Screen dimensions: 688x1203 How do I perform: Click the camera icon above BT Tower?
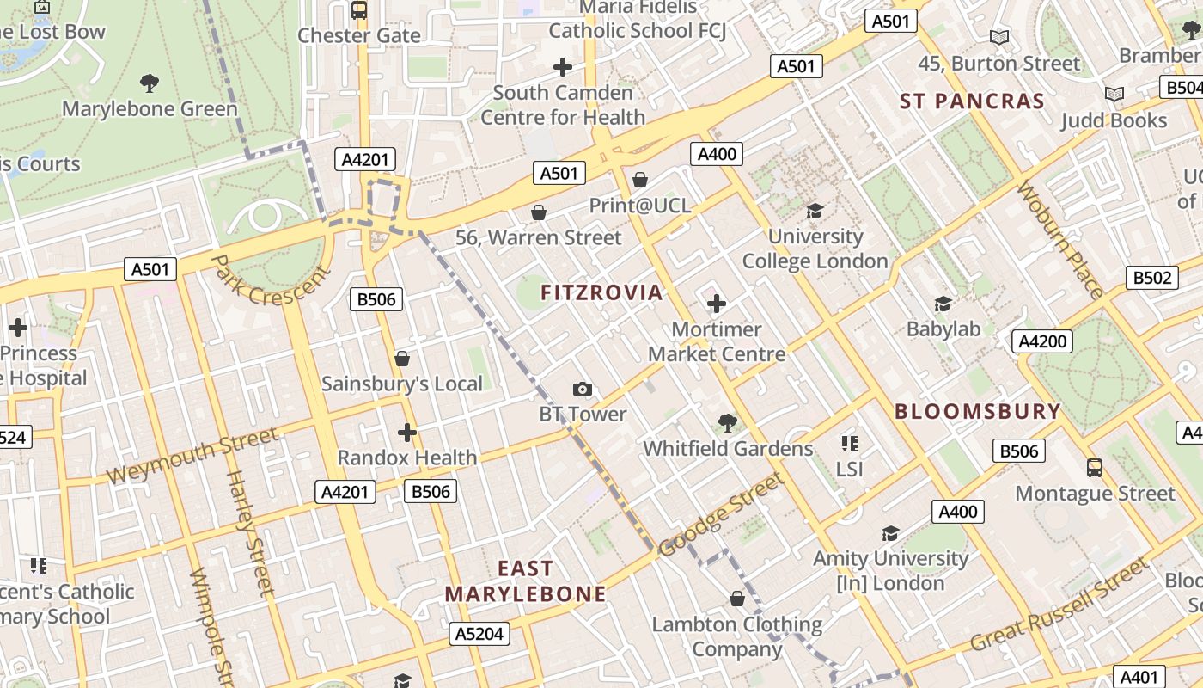(x=583, y=390)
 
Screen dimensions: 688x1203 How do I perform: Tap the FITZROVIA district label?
(x=601, y=292)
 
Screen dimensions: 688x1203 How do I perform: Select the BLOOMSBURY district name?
(x=978, y=411)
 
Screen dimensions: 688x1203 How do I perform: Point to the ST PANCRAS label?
(x=972, y=101)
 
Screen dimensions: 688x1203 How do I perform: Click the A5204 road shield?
(x=479, y=634)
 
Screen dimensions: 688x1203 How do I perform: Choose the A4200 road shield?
(x=1041, y=341)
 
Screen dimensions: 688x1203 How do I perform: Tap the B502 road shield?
(x=1151, y=278)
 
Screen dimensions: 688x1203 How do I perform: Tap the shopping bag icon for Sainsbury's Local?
(x=401, y=359)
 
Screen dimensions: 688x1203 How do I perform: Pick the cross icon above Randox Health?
(x=407, y=433)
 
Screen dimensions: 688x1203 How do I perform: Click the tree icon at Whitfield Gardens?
(x=728, y=423)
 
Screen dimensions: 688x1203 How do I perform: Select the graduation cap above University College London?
(x=815, y=211)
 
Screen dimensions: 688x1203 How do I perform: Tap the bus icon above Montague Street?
(x=1094, y=468)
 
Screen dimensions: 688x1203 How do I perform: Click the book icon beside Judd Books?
(x=1114, y=95)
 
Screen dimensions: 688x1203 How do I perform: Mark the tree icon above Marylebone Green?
(x=150, y=83)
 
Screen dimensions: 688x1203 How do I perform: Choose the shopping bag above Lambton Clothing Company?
(x=736, y=599)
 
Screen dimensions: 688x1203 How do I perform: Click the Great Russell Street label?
(x=1059, y=605)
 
